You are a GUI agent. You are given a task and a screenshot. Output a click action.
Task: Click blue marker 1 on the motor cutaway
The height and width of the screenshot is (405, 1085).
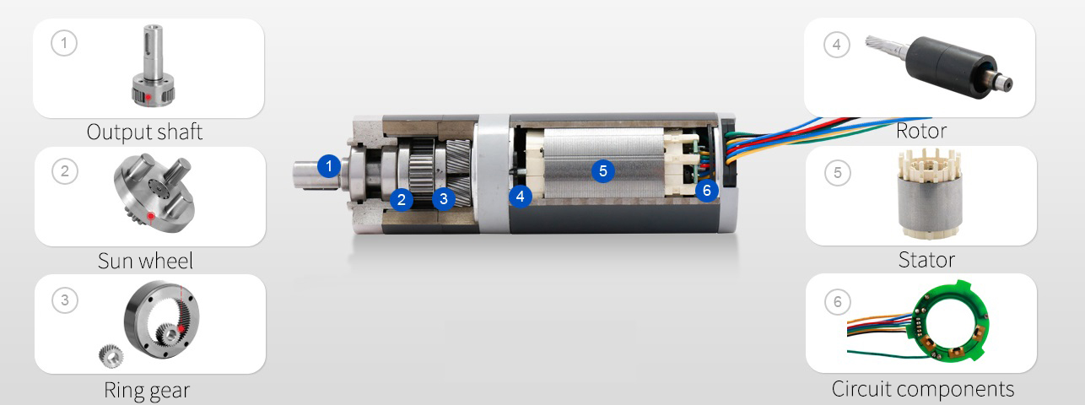329,166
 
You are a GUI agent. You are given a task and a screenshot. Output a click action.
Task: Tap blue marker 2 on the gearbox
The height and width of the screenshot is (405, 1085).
401,199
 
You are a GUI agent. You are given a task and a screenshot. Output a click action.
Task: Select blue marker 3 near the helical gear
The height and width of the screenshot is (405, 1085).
443,198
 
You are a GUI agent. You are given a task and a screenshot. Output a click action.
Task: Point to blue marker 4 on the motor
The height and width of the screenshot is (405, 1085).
521,197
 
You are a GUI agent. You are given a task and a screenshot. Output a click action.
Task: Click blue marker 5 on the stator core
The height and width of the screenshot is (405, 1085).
603,170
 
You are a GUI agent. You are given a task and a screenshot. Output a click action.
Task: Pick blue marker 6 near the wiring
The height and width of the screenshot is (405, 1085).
707,190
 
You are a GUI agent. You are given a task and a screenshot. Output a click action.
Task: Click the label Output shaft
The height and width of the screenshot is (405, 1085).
144,132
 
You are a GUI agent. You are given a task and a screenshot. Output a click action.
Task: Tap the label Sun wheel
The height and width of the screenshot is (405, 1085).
145,261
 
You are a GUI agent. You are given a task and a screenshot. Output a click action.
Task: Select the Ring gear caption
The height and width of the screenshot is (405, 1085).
147,391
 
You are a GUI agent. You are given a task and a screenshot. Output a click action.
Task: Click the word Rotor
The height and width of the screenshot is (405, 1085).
921,131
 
